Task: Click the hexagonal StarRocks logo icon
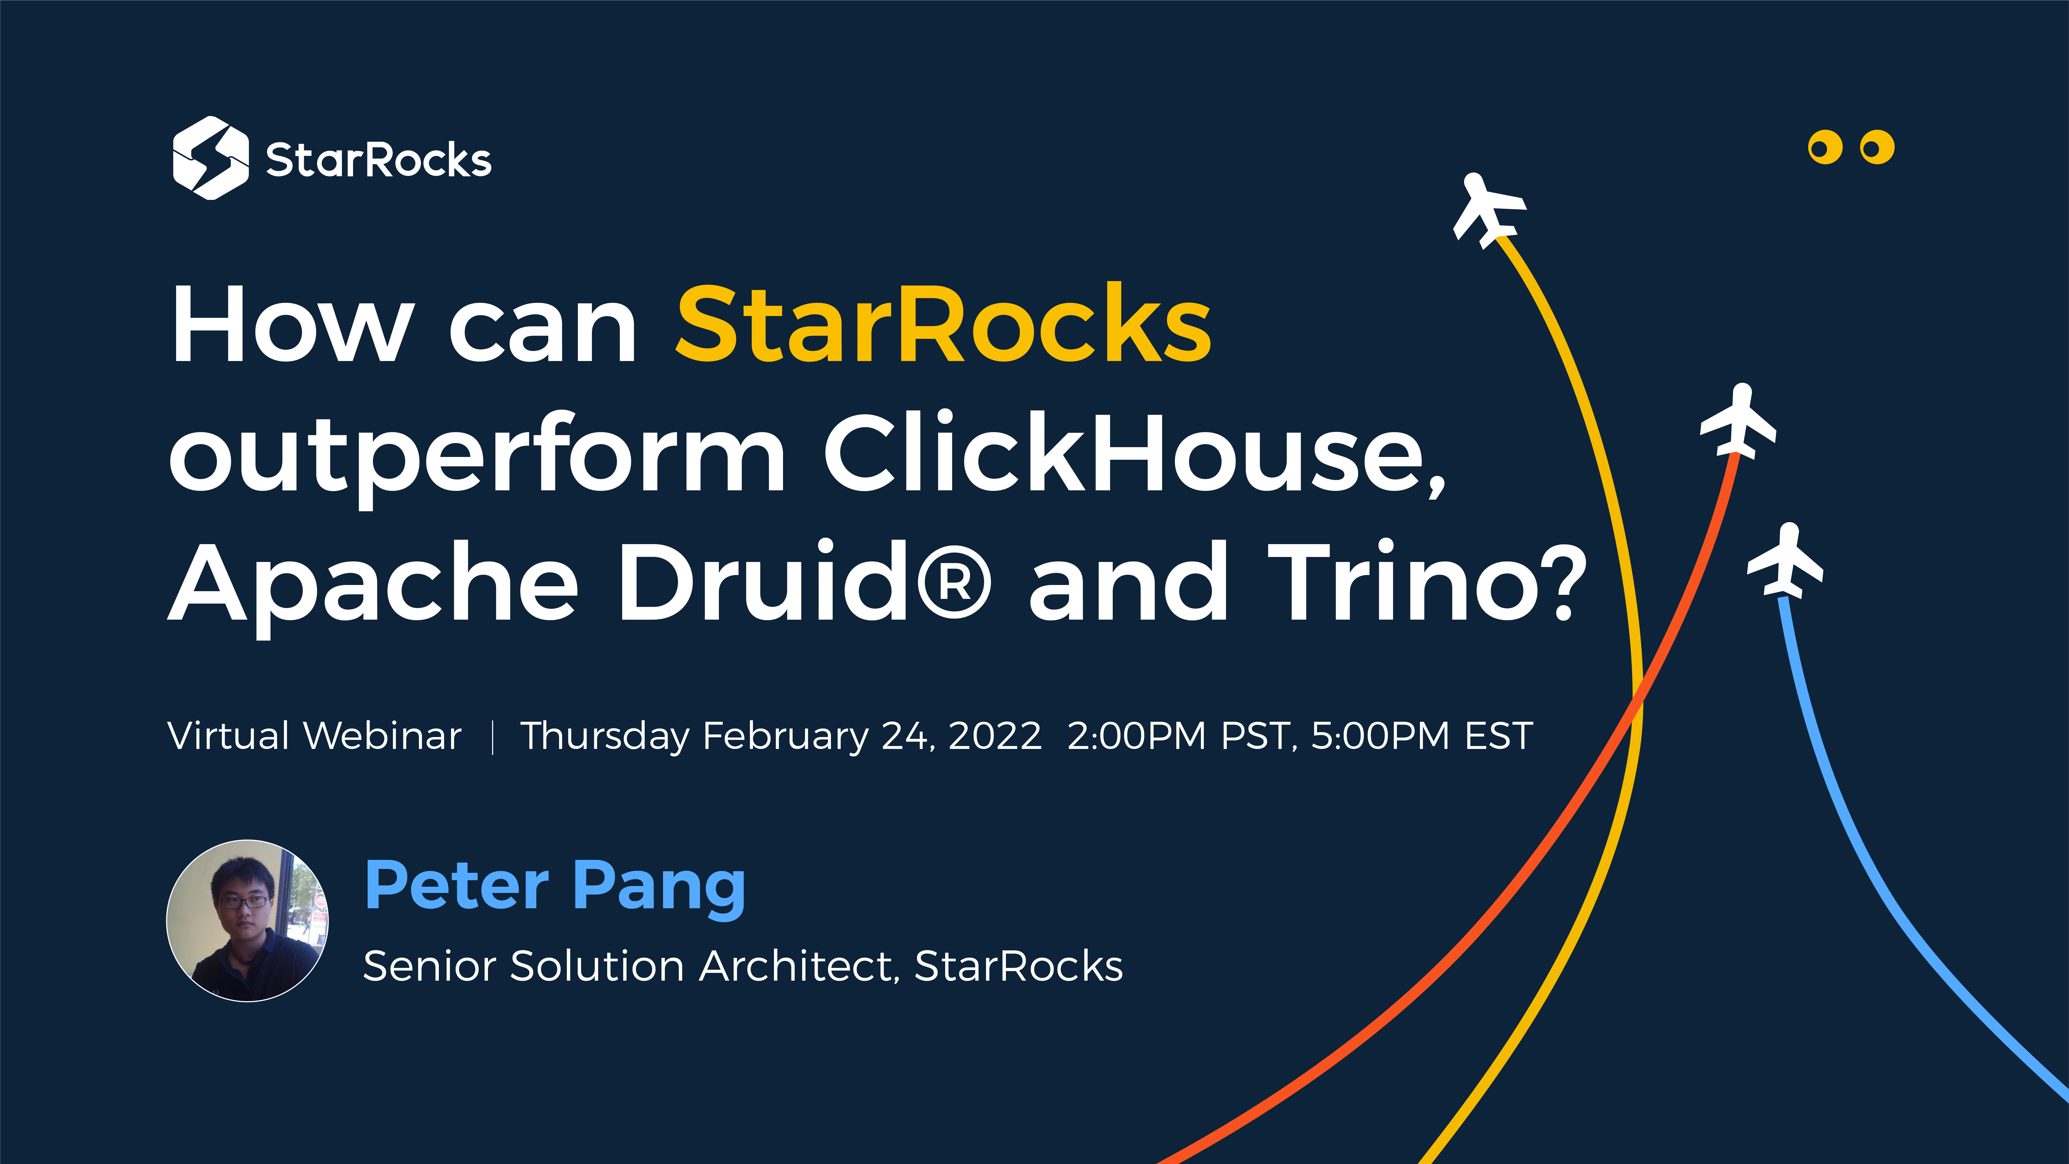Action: click(x=210, y=158)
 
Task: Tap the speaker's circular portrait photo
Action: click(x=247, y=921)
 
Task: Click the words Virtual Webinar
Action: click(x=314, y=736)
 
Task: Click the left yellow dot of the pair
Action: click(x=1825, y=147)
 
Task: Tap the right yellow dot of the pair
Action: click(x=1877, y=147)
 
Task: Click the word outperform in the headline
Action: click(x=477, y=455)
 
